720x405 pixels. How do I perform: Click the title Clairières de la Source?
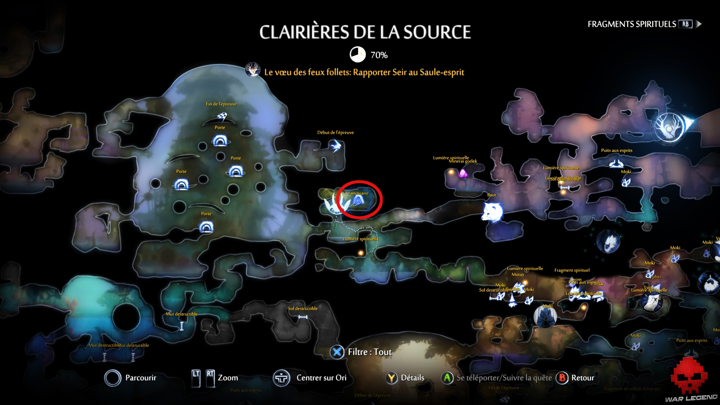pyautogui.click(x=365, y=32)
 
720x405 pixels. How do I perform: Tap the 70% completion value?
pyautogui.click(x=379, y=55)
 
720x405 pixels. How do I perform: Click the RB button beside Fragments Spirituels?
pyautogui.click(x=685, y=24)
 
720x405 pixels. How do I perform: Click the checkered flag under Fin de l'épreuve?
pyautogui.click(x=222, y=116)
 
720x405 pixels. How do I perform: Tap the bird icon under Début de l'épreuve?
pyautogui.click(x=336, y=146)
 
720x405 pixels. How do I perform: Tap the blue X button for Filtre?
pyautogui.click(x=337, y=352)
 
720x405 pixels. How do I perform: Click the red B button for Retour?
pyautogui.click(x=562, y=378)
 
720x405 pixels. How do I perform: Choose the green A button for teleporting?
pyautogui.click(x=447, y=378)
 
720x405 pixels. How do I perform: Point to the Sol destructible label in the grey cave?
pyautogui.click(x=303, y=309)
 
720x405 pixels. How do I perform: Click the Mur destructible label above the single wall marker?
pyautogui.click(x=182, y=314)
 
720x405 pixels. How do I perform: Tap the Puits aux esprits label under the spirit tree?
pyautogui.click(x=616, y=150)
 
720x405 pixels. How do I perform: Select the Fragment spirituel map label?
pyautogui.click(x=572, y=270)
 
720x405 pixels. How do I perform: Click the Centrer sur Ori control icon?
pyautogui.click(x=281, y=378)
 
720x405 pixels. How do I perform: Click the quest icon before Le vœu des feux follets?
pyautogui.click(x=252, y=70)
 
